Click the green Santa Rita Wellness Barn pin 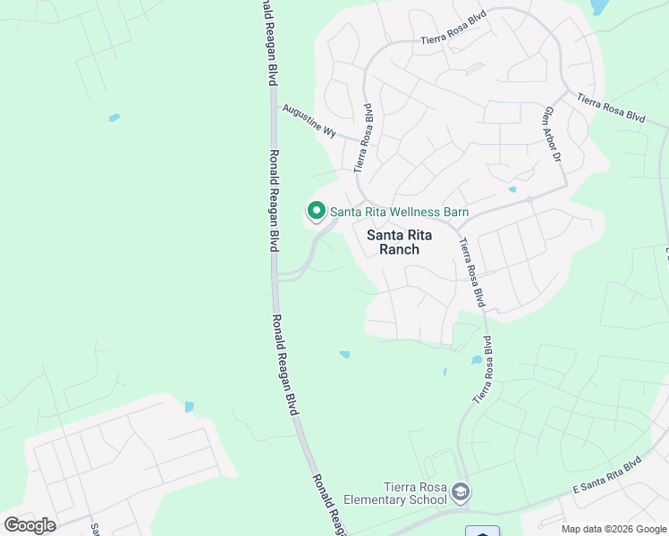point(316,211)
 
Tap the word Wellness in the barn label point(405,212)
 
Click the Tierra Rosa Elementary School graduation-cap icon point(460,492)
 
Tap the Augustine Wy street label point(309,121)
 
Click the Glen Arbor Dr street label point(551,134)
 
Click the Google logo point(30,524)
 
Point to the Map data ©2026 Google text point(614,529)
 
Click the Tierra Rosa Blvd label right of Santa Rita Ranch point(477,272)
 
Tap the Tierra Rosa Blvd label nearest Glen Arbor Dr point(611,107)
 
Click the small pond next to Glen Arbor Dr point(512,189)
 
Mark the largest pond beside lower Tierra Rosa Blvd point(476,361)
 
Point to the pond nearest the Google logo point(189,407)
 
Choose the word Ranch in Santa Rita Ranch point(399,250)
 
